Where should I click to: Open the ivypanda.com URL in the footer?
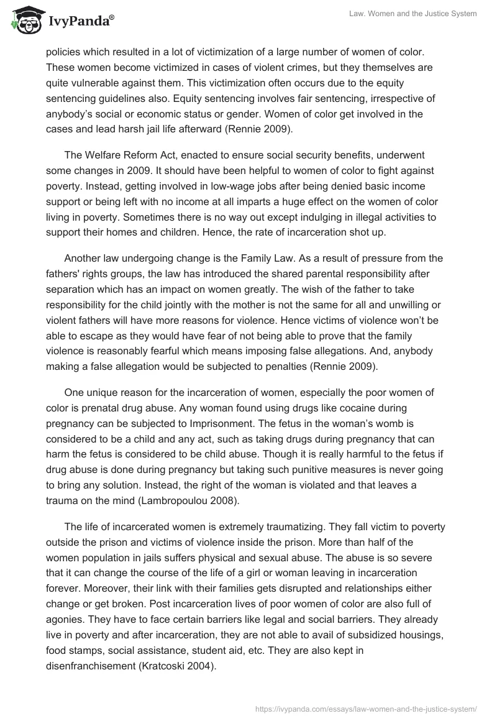pos(367,709)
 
